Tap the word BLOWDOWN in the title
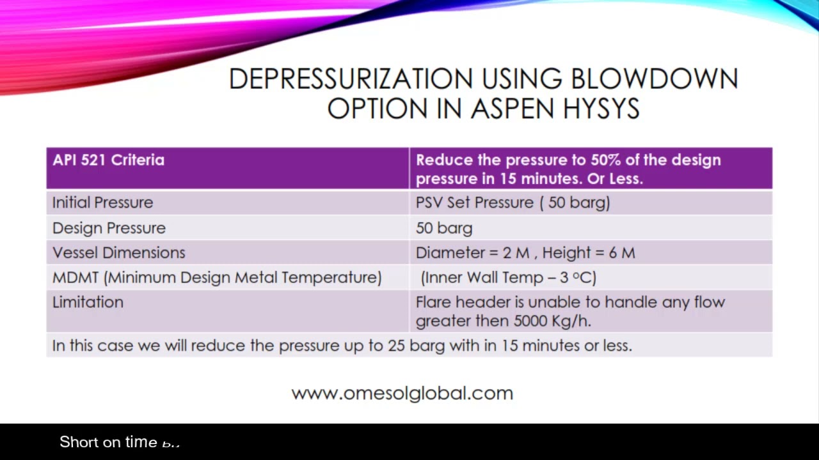coord(654,79)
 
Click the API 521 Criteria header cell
coord(108,160)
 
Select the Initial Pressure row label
coord(102,203)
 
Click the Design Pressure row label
coord(109,228)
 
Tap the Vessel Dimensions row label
coord(118,252)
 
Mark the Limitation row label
coord(88,302)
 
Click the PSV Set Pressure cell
coord(513,203)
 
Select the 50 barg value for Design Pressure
coord(444,228)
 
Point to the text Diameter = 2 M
coord(472,252)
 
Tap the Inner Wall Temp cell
coord(509,277)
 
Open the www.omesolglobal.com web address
coord(402,393)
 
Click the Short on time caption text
coord(109,442)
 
